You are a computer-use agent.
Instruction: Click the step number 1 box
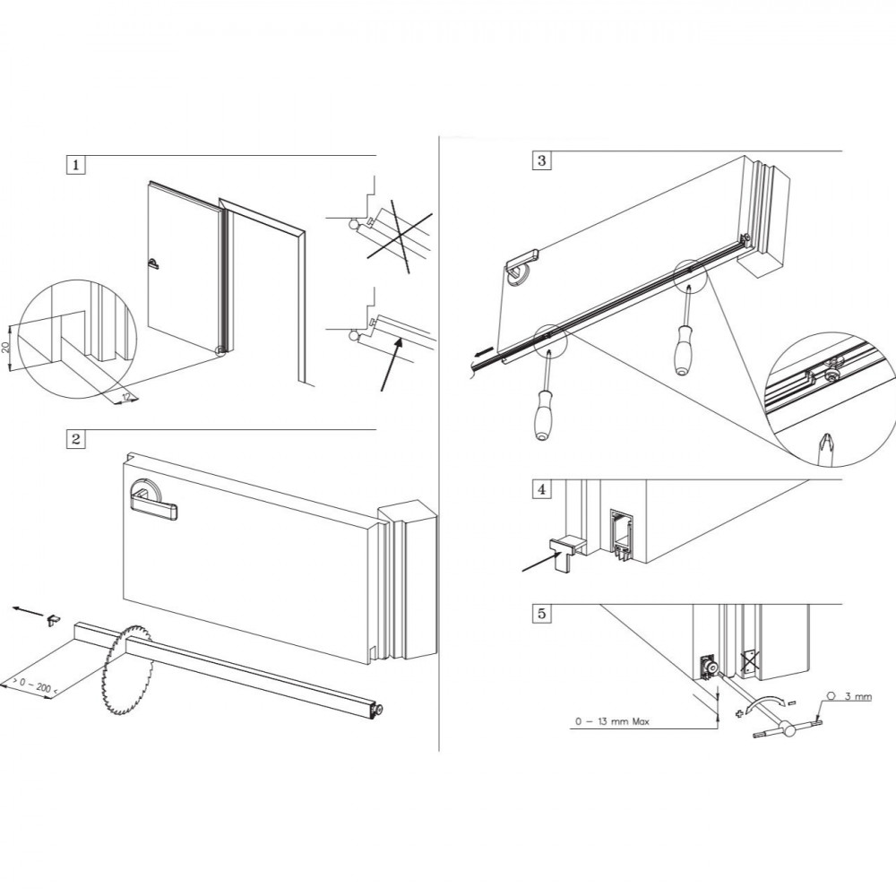(76, 165)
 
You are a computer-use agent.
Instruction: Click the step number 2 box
(76, 439)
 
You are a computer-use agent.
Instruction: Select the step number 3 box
(541, 161)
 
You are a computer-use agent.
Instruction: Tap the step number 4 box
(541, 489)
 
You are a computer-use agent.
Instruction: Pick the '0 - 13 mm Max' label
(610, 721)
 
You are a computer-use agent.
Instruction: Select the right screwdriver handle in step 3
(685, 351)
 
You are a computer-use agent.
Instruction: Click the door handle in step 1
(154, 263)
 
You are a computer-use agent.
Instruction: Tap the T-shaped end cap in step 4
(564, 549)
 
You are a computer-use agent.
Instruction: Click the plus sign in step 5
(739, 714)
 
